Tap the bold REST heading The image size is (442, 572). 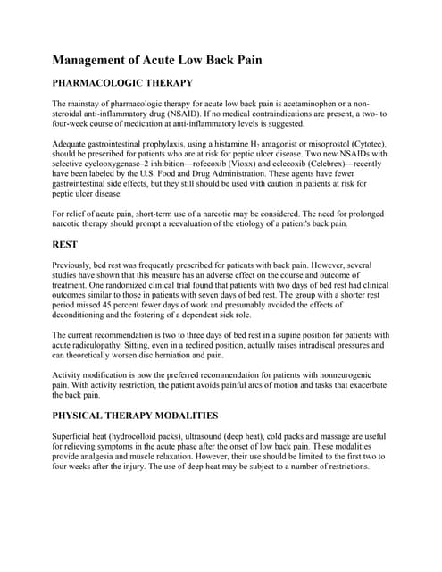[67, 240]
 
